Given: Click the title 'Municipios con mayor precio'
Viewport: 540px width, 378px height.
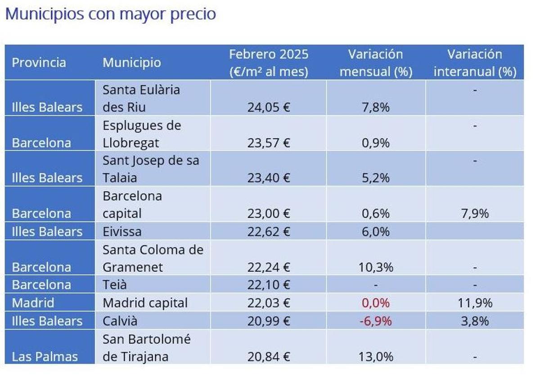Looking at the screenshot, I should (110, 14).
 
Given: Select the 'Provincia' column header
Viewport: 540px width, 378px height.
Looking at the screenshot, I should (39, 63).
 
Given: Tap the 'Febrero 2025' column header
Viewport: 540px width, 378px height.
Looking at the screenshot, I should (269, 63).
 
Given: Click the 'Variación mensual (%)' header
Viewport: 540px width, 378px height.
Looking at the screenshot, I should (376, 63).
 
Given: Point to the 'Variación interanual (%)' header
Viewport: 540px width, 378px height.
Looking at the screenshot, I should (475, 63).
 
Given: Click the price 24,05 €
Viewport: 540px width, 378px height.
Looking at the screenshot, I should (269, 107).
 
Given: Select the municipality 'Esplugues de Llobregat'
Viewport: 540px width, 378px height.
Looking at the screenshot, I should (142, 134).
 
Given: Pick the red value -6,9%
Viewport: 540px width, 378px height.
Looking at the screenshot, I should (376, 321).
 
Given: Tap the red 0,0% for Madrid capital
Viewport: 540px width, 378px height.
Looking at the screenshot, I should (376, 303).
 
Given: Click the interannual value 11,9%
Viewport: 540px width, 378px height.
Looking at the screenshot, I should (475, 303).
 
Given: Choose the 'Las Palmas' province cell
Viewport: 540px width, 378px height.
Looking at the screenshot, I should (45, 357).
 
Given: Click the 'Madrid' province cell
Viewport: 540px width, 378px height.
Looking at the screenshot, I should (33, 303).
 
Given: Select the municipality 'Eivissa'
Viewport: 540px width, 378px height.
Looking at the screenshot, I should (122, 232).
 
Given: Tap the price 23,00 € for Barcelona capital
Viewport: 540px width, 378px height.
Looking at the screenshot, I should (269, 213).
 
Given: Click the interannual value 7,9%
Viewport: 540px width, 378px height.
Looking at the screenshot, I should (475, 213).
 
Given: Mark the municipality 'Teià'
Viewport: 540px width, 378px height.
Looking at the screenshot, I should (115, 285).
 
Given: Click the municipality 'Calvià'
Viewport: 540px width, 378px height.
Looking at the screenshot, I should (120, 321).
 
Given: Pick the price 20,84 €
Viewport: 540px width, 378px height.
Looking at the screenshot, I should (269, 357).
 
